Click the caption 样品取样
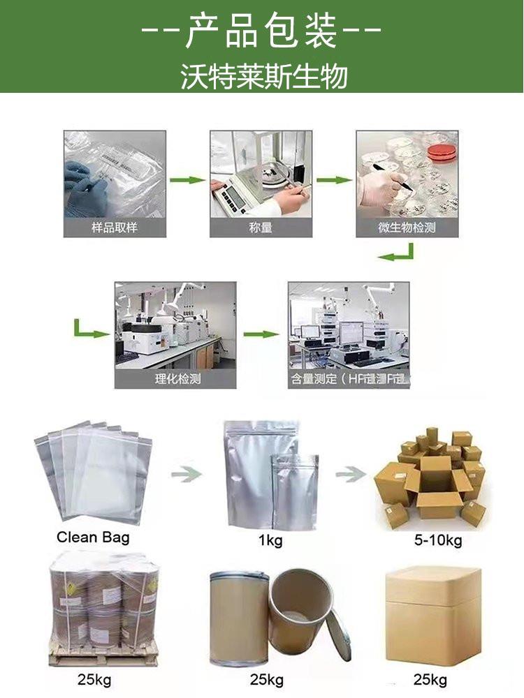click(115, 228)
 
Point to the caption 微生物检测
click(407, 228)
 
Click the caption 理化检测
click(175, 380)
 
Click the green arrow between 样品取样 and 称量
click(188, 181)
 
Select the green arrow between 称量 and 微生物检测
click(334, 181)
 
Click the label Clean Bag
click(93, 537)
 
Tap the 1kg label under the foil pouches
click(270, 541)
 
